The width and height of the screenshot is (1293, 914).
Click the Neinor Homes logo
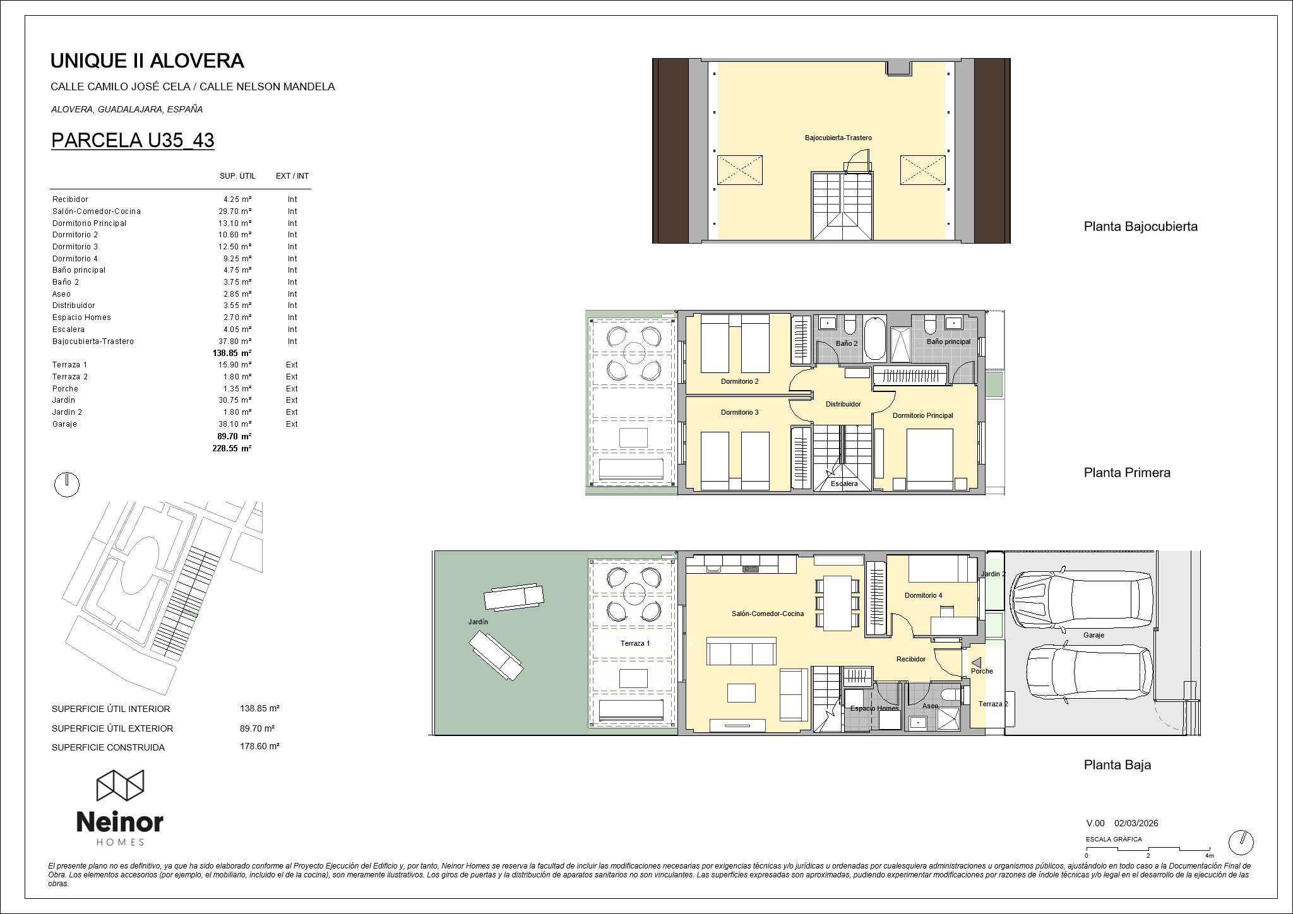click(120, 807)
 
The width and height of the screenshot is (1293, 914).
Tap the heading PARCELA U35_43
click(133, 140)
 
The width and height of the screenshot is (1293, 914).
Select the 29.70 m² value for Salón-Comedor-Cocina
click(235, 211)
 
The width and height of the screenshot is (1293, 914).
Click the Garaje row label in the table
click(64, 424)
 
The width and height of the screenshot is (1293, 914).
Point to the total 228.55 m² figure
click(232, 448)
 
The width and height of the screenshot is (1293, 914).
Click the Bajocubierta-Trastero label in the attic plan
click(838, 138)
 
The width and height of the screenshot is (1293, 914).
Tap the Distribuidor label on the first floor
click(843, 404)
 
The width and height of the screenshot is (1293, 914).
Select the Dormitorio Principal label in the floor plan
click(922, 415)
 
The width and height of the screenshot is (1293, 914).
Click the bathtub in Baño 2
click(874, 339)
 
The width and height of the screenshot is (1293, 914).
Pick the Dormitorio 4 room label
click(923, 595)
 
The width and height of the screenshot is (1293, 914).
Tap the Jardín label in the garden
click(478, 622)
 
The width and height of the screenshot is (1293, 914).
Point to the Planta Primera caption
click(1127, 473)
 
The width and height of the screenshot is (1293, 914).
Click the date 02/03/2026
click(1136, 823)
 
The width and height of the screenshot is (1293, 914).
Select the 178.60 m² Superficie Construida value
click(259, 746)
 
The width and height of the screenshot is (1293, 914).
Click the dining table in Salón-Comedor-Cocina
click(838, 603)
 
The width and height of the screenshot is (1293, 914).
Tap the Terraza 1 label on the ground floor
click(635, 643)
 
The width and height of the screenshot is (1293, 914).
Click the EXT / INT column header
click(292, 176)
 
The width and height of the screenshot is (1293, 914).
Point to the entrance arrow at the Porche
click(976, 663)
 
